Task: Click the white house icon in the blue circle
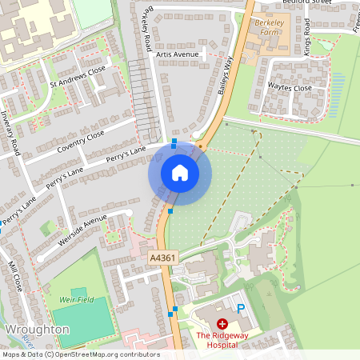coord(179,172)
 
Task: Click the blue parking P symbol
coord(240,308)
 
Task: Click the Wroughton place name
coord(37,330)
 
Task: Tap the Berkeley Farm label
coord(265,29)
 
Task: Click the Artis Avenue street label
coord(177,54)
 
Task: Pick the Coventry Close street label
coord(81,142)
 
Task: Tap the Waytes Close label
coord(290,88)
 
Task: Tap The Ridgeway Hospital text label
coord(217,340)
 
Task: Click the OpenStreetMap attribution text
coord(102,354)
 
